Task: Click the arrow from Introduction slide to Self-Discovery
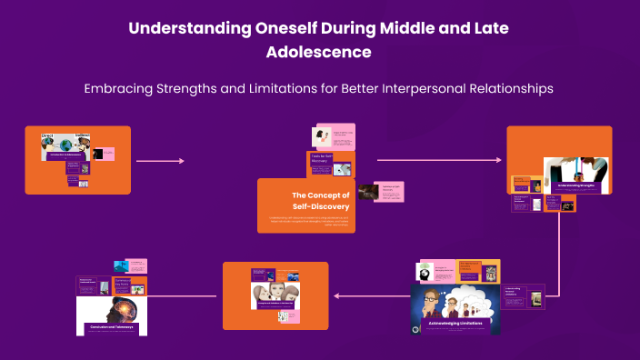point(159,161)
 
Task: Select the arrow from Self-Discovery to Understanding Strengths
point(438,160)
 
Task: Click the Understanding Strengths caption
point(570,185)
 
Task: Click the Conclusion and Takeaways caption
point(111,326)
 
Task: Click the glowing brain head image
point(111,303)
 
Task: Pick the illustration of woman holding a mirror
point(321,136)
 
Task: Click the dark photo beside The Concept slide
point(367,192)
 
